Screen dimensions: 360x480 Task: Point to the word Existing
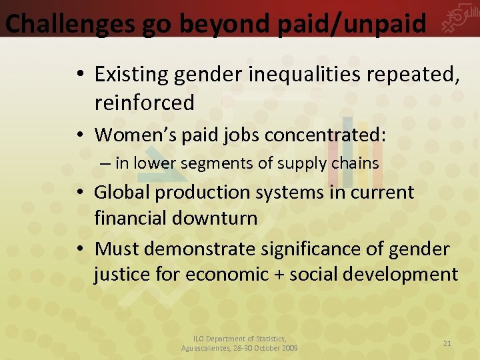coord(131,75)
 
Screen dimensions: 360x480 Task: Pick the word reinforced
coord(144,103)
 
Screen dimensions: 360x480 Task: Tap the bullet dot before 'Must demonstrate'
coord(79,249)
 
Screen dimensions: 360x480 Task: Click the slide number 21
coord(447,343)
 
